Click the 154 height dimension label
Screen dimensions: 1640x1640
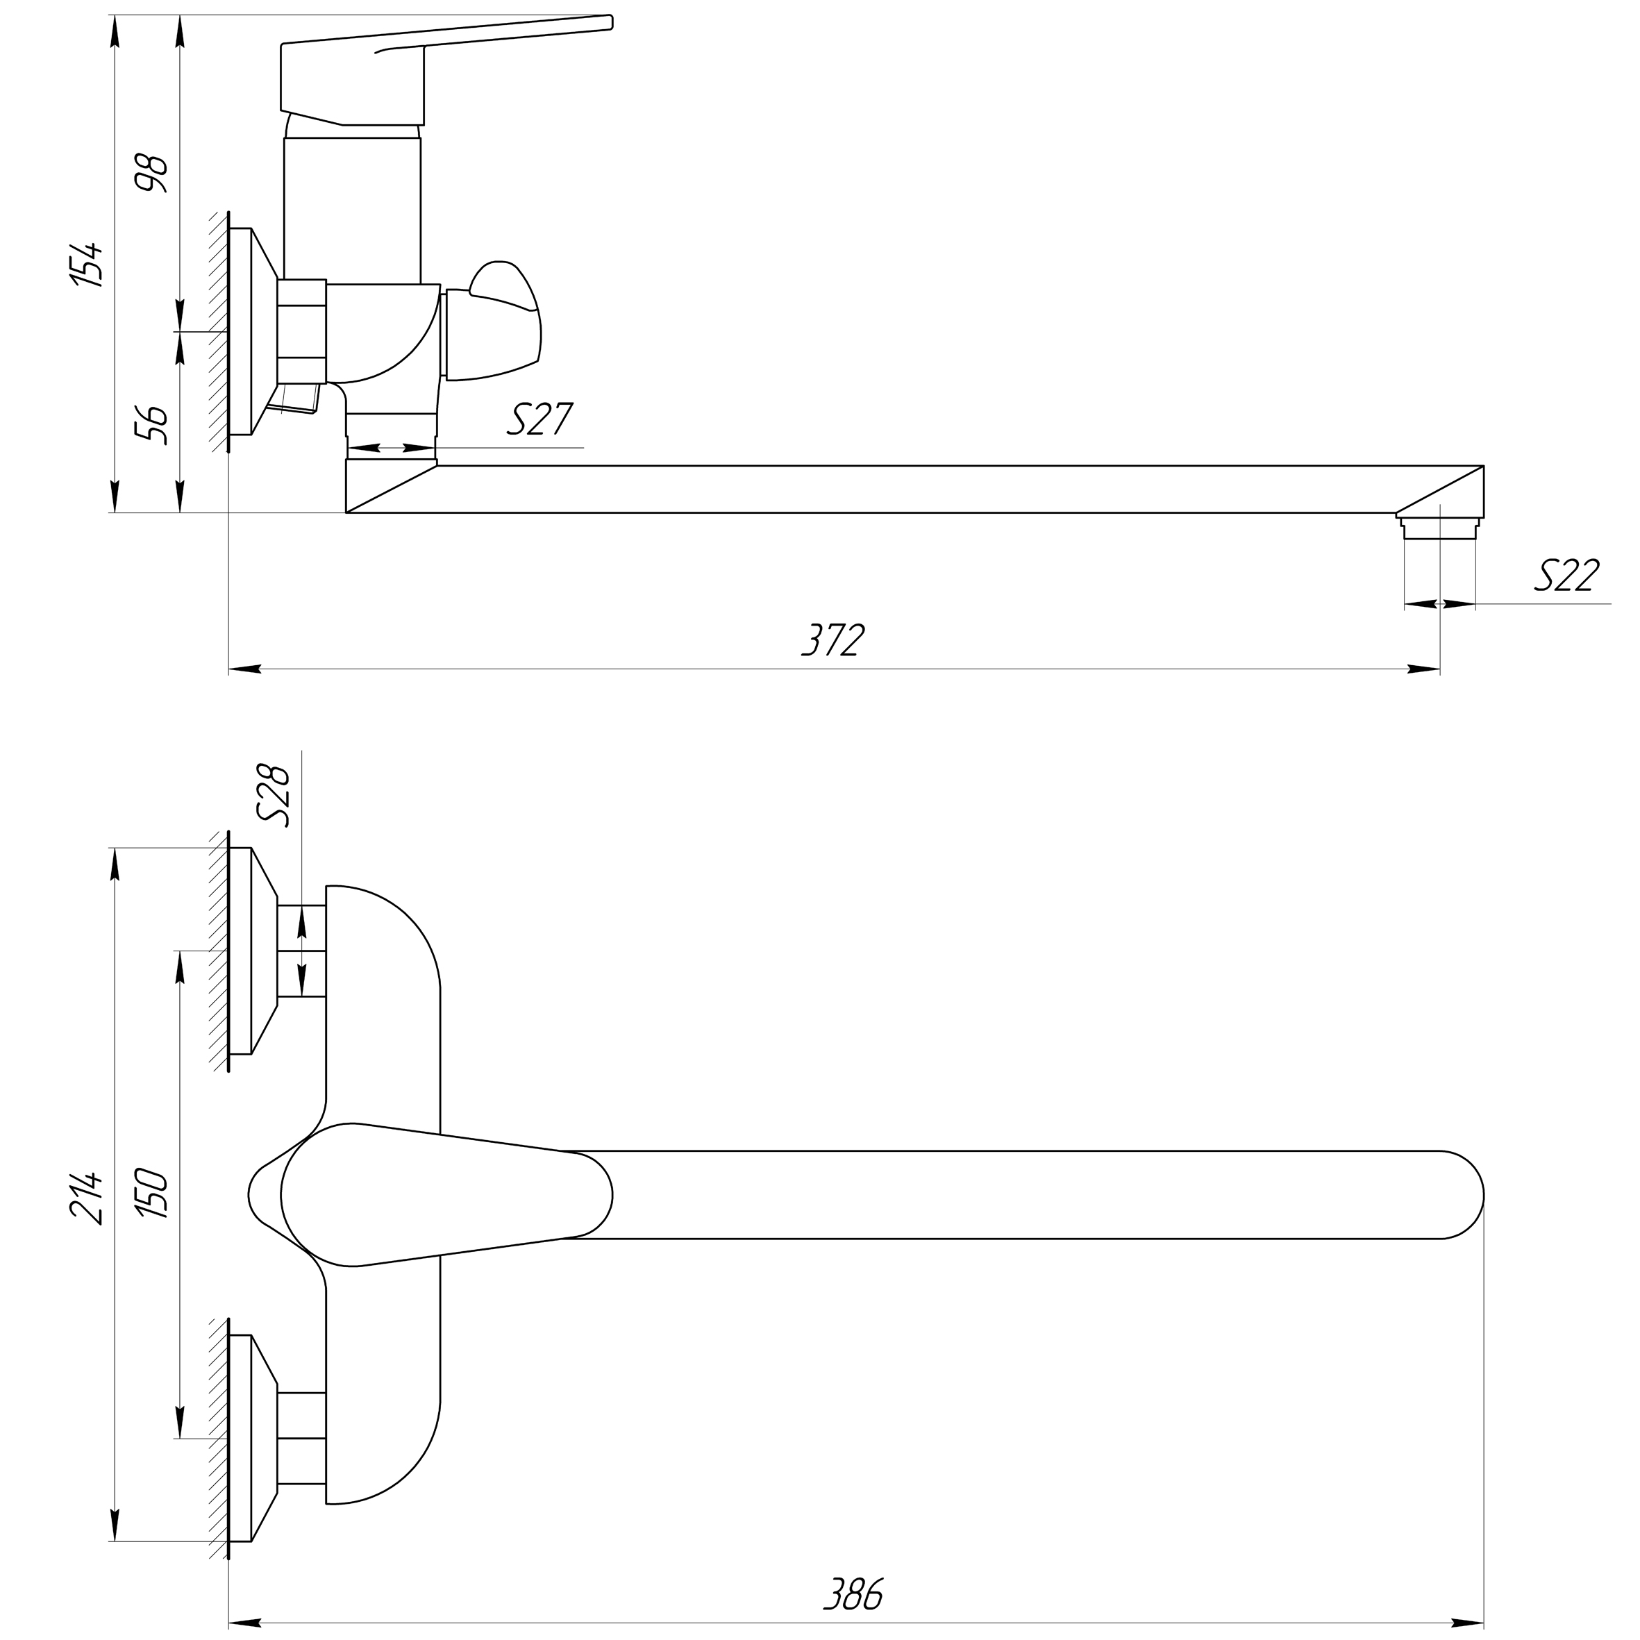point(88,265)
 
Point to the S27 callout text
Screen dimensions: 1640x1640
point(540,419)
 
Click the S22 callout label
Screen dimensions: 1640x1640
point(1566,576)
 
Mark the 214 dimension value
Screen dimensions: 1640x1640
point(88,1198)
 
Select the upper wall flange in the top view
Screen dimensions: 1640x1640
point(253,951)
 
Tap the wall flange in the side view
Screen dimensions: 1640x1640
point(253,331)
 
